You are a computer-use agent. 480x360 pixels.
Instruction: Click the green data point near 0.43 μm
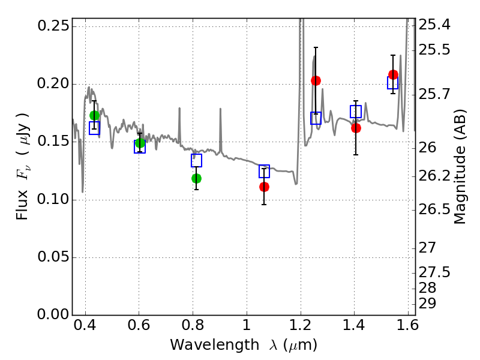(x=94, y=115)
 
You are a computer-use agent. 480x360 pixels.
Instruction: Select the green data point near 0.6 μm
(x=140, y=143)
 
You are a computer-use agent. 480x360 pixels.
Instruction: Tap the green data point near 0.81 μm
(x=196, y=178)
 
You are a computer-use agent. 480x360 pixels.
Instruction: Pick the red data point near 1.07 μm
(x=264, y=187)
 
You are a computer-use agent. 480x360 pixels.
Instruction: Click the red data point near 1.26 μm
(x=316, y=80)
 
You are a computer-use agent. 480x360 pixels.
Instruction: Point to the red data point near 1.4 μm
(x=356, y=128)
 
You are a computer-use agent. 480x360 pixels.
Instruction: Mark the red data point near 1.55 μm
(x=393, y=74)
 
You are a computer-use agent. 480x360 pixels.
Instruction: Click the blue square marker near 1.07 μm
(x=264, y=171)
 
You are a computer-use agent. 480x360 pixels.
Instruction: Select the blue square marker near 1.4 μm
(x=356, y=112)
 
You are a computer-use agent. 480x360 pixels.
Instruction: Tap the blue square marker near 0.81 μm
(x=196, y=160)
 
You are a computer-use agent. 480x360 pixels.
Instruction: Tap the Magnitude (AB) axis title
(x=460, y=167)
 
